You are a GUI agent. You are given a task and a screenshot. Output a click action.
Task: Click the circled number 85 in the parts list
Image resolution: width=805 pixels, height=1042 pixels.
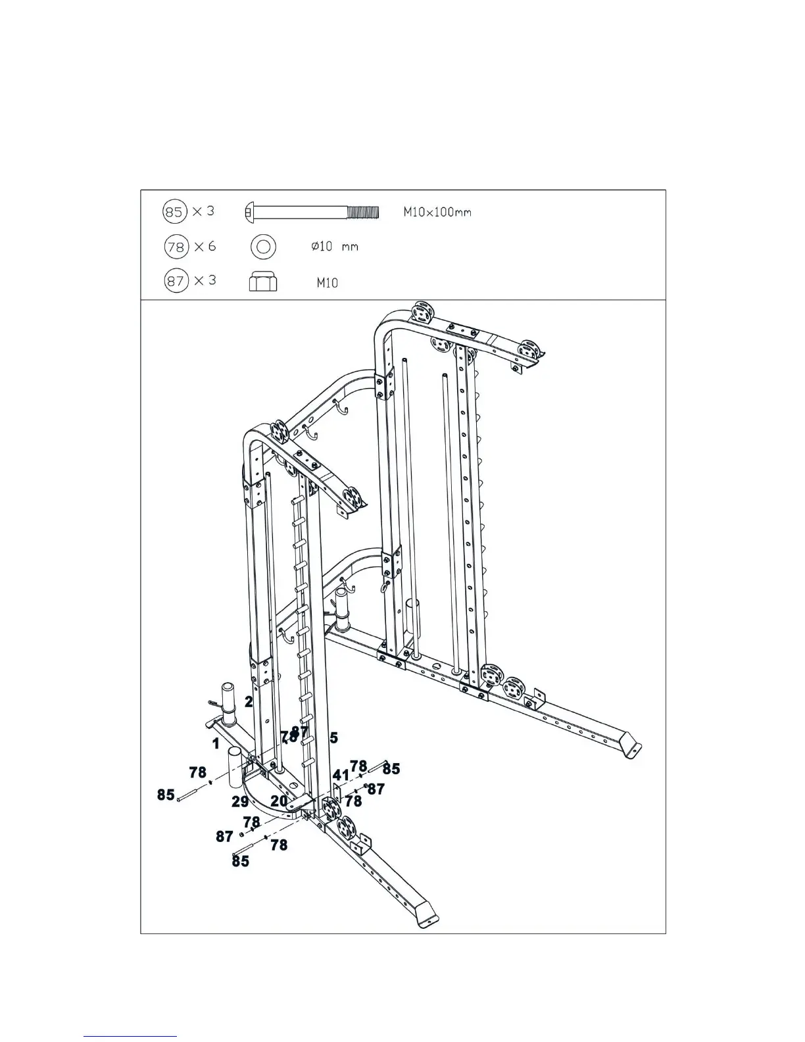click(x=174, y=212)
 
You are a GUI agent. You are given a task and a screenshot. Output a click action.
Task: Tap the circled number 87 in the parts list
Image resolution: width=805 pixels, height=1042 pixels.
click(x=174, y=282)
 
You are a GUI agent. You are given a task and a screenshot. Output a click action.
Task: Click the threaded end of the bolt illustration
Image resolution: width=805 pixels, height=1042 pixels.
click(x=363, y=212)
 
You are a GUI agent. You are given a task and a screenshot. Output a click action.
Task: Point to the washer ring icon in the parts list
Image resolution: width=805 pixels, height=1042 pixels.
click(x=263, y=247)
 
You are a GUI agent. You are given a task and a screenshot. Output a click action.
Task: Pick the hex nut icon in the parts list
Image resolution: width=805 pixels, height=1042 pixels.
click(x=263, y=283)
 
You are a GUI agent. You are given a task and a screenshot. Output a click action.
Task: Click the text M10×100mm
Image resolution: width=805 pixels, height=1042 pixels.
click(x=437, y=213)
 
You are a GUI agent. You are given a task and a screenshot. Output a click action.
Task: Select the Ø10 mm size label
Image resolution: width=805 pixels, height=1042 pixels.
click(x=334, y=247)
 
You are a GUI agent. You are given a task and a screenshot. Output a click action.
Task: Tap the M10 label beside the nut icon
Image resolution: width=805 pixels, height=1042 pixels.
click(x=327, y=284)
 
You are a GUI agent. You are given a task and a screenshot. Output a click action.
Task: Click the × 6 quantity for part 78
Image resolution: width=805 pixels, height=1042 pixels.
click(x=205, y=247)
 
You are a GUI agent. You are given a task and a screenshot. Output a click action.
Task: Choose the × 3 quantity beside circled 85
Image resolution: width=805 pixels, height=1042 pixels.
click(x=204, y=212)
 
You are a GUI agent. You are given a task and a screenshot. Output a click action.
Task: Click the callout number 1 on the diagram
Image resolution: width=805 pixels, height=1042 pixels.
click(x=216, y=744)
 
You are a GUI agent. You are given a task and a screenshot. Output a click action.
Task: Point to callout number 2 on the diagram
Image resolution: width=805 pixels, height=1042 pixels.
click(x=249, y=702)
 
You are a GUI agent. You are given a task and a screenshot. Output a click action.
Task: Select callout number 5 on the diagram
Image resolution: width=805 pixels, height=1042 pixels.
click(x=334, y=738)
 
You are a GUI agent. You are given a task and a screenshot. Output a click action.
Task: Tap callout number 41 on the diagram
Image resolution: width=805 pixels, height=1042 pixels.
click(x=341, y=775)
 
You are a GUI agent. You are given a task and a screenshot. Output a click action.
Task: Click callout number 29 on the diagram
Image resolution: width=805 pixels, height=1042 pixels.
click(x=240, y=802)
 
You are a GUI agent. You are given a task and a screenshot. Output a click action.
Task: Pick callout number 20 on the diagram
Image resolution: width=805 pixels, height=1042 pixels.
click(x=279, y=801)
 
